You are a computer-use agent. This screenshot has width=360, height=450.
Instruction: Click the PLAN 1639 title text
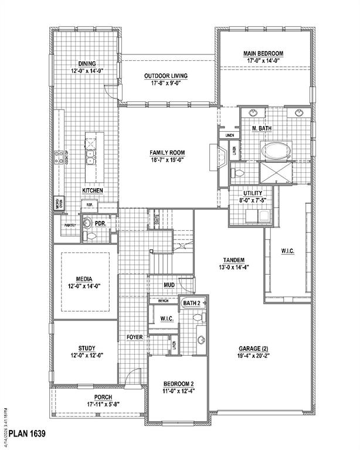click(x=23, y=434)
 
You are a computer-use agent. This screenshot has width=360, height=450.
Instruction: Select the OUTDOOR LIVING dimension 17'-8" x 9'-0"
click(x=166, y=84)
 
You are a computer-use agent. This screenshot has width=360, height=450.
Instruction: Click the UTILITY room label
click(x=252, y=193)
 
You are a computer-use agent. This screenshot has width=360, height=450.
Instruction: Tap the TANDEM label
click(x=233, y=260)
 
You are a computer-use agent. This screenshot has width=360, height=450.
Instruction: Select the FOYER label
click(x=135, y=337)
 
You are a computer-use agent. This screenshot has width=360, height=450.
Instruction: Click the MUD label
click(x=169, y=285)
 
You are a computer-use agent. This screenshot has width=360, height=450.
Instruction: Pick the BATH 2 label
click(x=192, y=303)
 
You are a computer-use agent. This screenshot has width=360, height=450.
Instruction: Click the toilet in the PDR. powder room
click(x=89, y=236)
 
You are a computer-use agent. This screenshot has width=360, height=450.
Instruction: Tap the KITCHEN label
click(x=93, y=191)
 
